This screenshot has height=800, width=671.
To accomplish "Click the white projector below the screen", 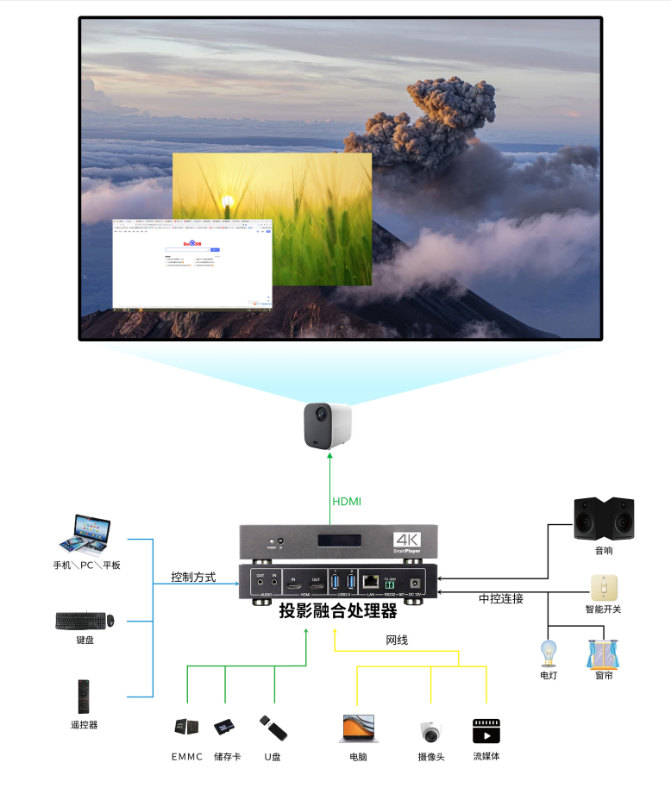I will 328,426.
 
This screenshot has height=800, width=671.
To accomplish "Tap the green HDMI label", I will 347,502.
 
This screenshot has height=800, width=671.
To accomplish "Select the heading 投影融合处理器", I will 338,611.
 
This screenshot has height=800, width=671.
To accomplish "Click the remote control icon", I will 84,696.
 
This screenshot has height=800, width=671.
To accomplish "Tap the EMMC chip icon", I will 186,728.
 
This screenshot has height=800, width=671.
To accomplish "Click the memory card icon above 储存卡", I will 225,728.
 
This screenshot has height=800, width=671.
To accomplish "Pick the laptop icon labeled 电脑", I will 359,728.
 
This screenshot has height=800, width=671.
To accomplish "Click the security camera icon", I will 430,732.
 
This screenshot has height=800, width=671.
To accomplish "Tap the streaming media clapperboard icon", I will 486,730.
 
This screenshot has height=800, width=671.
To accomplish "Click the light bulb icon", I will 548,653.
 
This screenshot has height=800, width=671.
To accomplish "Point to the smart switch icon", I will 603,587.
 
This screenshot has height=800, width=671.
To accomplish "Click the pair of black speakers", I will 603,517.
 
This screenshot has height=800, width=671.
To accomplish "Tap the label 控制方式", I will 193,577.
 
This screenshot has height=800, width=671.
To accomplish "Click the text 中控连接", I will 501,598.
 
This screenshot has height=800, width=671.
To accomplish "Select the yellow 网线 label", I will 397,640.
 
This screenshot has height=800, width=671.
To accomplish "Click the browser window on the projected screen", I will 192,264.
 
